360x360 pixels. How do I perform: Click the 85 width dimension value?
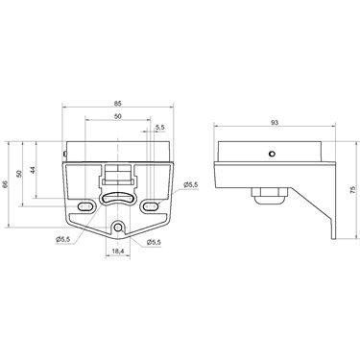click(x=118, y=104)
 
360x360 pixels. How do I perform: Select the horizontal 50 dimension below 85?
click(x=118, y=117)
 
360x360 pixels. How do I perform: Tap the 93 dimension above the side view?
click(x=275, y=122)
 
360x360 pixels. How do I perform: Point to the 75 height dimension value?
click(x=352, y=190)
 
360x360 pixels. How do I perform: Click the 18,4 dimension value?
click(x=118, y=252)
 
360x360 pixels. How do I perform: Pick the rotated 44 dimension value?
click(x=33, y=170)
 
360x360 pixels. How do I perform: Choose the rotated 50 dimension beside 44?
click(x=19, y=174)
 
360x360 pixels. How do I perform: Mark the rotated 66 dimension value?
click(x=5, y=184)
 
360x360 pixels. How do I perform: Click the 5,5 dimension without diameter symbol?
click(x=160, y=128)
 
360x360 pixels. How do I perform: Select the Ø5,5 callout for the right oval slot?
click(x=191, y=184)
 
